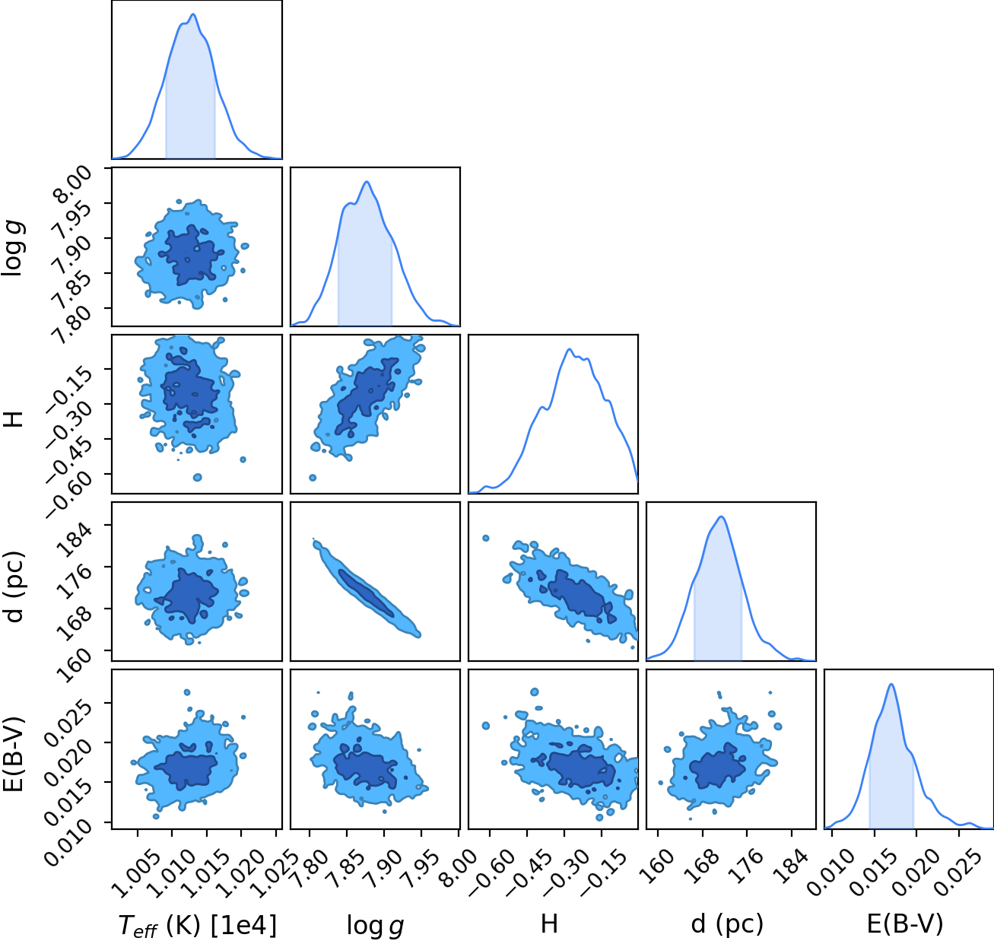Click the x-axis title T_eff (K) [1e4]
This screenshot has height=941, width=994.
pyautogui.click(x=198, y=925)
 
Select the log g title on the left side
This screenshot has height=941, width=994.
pyautogui.click(x=13, y=250)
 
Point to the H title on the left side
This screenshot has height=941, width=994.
pyautogui.click(x=13, y=419)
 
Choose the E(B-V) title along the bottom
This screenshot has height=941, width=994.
pyautogui.click(x=905, y=924)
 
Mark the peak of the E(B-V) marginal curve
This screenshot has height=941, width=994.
pyautogui.click(x=891, y=684)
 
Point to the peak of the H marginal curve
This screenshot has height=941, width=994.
pyautogui.click(x=570, y=348)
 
